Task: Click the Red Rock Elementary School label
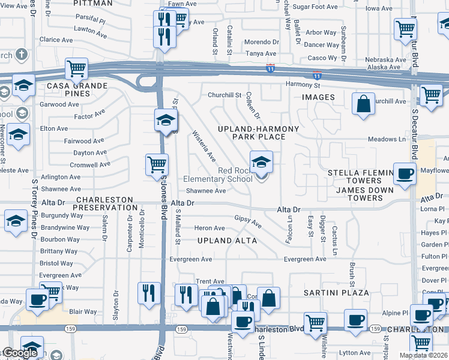pyautogui.click(x=217, y=175)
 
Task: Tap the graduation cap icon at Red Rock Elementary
pyautogui.click(x=261, y=163)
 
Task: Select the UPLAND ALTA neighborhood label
pyautogui.click(x=228, y=241)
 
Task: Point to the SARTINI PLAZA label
pyautogui.click(x=336, y=292)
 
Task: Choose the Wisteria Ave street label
pyautogui.click(x=203, y=146)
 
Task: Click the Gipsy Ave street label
pyautogui.click(x=248, y=221)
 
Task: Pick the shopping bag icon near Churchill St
pyautogui.click(x=363, y=104)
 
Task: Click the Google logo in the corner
pyautogui.click(x=20, y=353)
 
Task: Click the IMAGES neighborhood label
pyautogui.click(x=318, y=97)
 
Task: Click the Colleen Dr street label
pyautogui.click(x=252, y=107)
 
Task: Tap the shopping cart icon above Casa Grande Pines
pyautogui.click(x=76, y=69)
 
